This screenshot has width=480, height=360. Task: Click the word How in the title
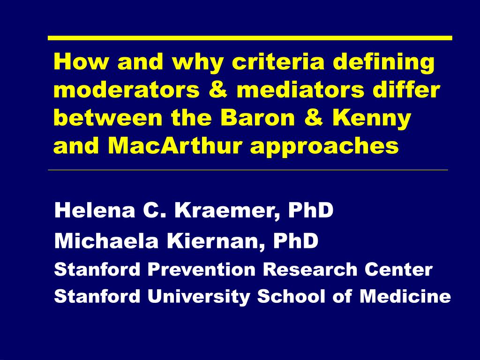pos(81,61)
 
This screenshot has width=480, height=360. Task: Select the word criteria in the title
pos(278,61)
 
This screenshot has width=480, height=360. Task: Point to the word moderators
pos(127,90)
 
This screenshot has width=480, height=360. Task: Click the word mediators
pos(300,90)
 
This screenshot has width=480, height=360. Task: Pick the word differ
pos(406,90)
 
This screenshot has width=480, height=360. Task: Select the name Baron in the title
pos(257,118)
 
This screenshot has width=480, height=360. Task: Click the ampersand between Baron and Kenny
pos(313,118)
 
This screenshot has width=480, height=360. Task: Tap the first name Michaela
pos(106,240)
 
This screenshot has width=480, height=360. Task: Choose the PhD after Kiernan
pos(296,240)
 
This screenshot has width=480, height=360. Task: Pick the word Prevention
pos(202,270)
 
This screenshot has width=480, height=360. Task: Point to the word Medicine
pos(405,296)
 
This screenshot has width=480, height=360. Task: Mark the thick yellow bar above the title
pos(250,38)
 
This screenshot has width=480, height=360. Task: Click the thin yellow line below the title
pos(248,170)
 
